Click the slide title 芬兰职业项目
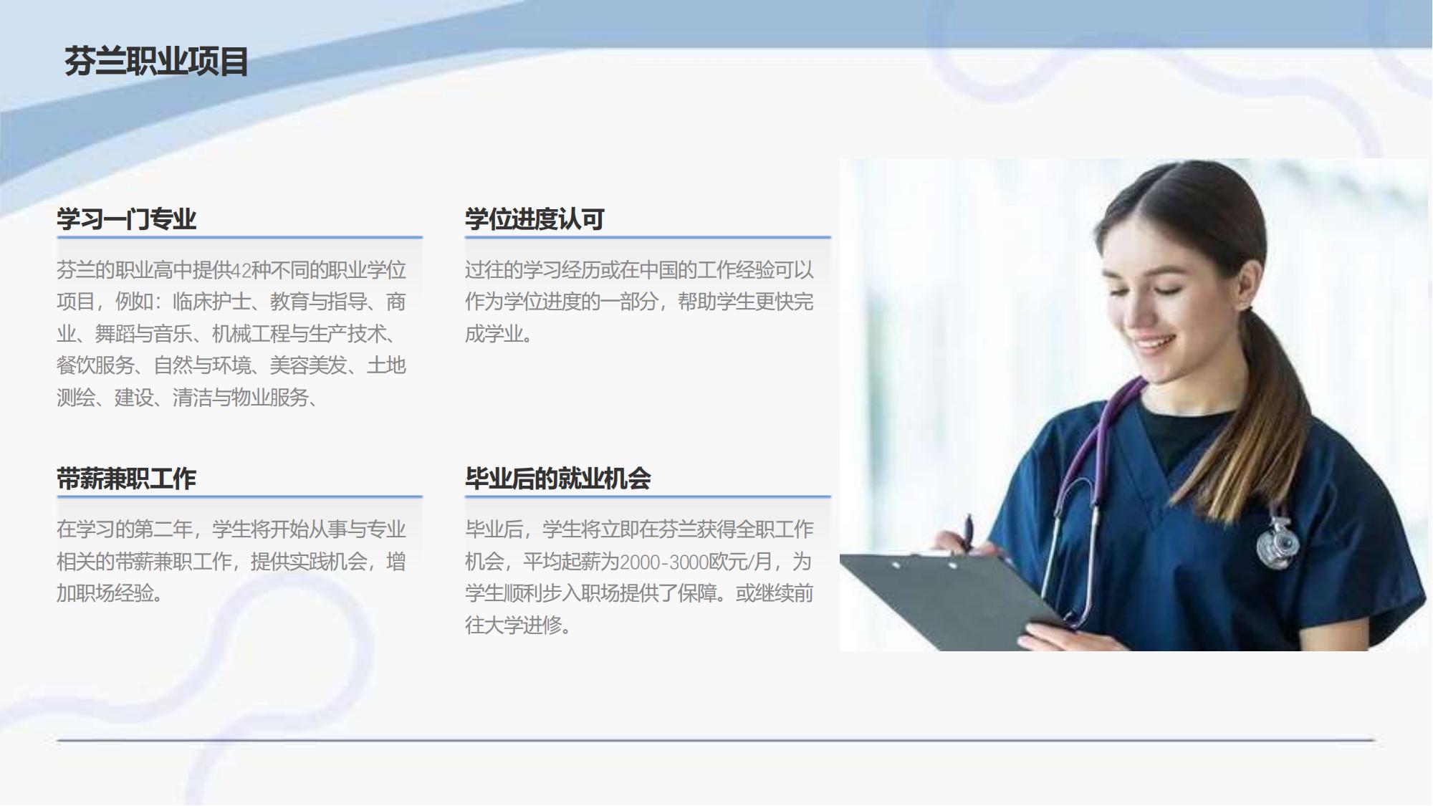click(156, 62)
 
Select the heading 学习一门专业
click(126, 219)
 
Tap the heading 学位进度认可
click(535, 219)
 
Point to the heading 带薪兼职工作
click(126, 479)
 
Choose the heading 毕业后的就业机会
click(557, 479)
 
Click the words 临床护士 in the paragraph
click(211, 302)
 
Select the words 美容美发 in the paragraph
click(308, 365)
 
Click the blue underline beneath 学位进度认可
click(648, 237)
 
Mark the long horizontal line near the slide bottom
click(716, 740)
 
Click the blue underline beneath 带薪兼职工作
click(239, 496)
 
